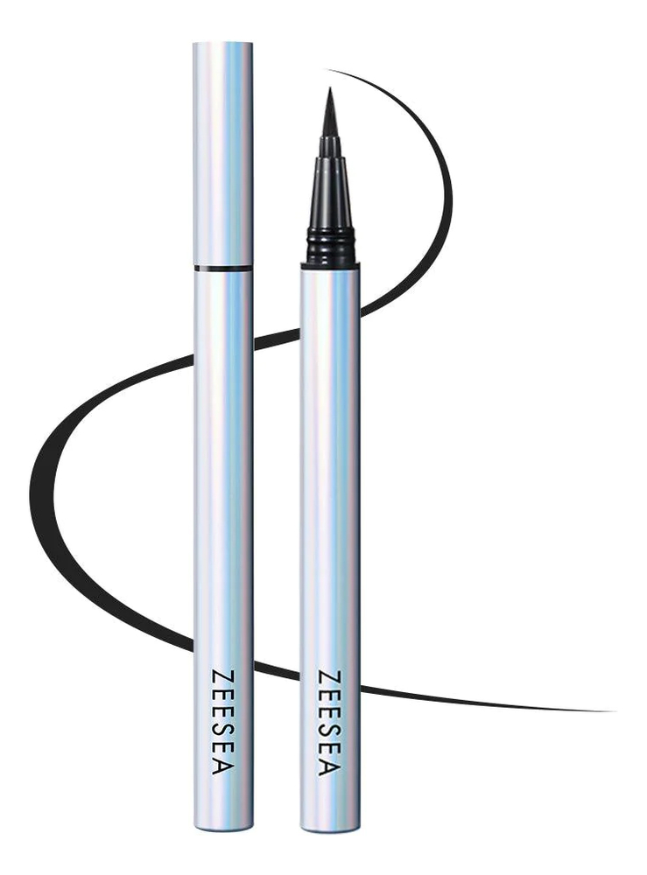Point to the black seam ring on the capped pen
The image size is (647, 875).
[x=223, y=265]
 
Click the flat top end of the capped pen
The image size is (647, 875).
[x=223, y=44]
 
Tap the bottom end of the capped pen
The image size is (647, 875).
[x=223, y=827]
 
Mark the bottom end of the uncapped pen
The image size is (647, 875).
[x=329, y=827]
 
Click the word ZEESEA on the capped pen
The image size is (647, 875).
[x=222, y=723]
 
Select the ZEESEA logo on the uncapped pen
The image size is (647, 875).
[x=328, y=723]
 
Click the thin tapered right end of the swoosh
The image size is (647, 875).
[x=604, y=710]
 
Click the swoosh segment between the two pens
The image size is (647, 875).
[x=276, y=337]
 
